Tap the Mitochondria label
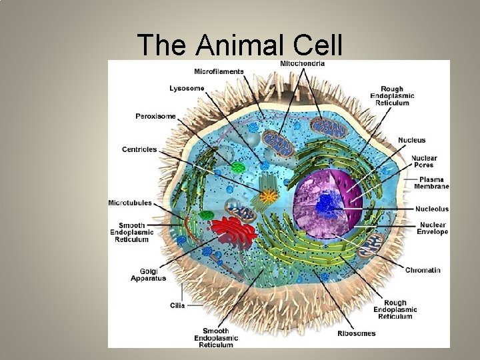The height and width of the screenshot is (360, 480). (303, 64)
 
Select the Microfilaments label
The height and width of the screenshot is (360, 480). (219, 71)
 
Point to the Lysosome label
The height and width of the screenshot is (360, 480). (187, 88)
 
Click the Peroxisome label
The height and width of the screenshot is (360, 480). (155, 116)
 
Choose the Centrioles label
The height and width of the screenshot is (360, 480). (139, 149)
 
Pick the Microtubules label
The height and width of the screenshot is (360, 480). (130, 203)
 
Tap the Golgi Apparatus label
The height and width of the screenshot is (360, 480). (148, 275)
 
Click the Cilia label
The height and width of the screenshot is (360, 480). (177, 305)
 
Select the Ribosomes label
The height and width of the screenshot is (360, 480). (357, 333)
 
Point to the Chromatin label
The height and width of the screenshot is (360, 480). (423, 270)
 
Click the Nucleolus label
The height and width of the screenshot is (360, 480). (431, 209)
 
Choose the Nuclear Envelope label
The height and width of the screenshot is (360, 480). (432, 229)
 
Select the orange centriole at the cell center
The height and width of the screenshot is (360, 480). (269, 196)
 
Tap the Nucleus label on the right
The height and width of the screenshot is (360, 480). (411, 140)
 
